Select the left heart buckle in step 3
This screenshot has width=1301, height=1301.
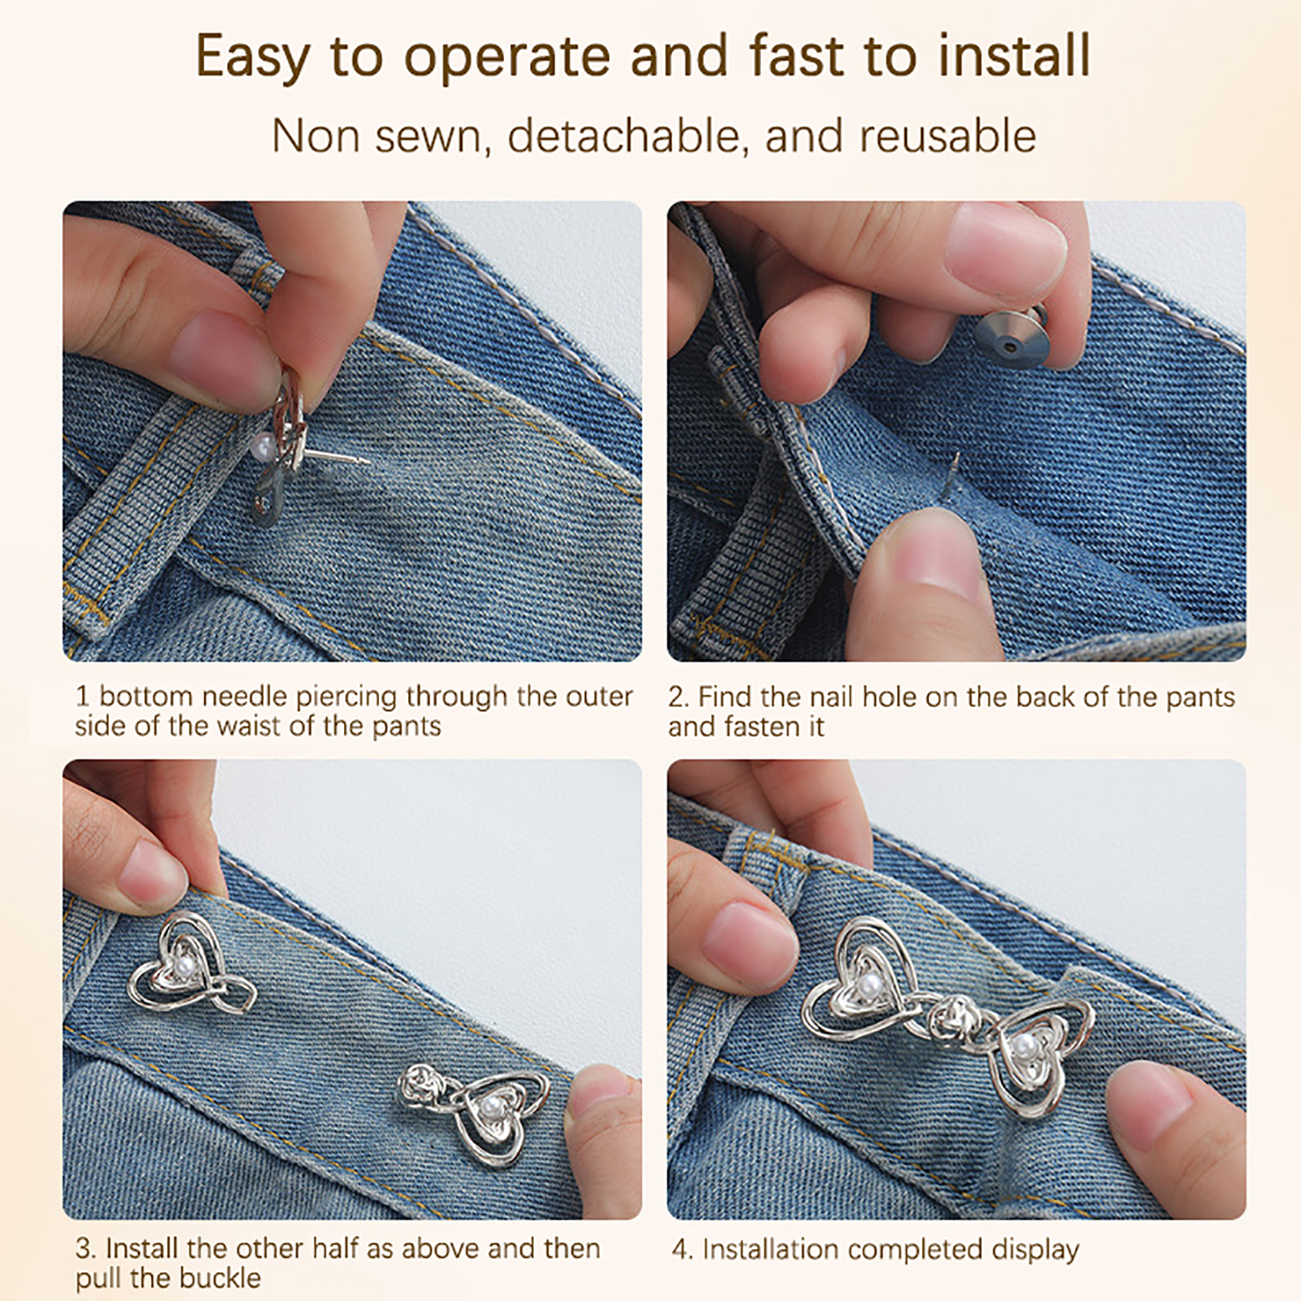pos(192,964)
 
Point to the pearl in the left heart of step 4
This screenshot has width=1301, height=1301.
pos(864,988)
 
